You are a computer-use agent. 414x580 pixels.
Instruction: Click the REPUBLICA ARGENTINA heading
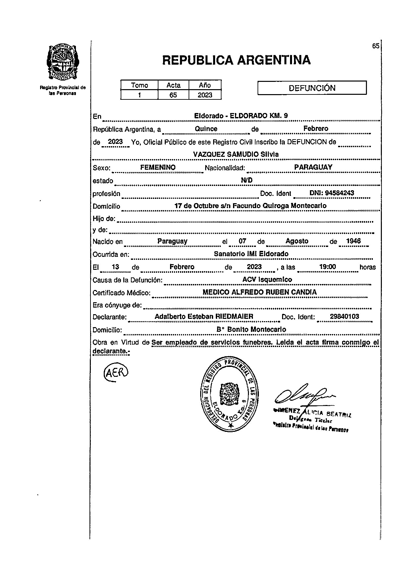(x=236, y=60)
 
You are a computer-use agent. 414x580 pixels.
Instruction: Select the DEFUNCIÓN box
(x=312, y=88)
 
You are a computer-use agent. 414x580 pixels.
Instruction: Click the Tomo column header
(x=140, y=85)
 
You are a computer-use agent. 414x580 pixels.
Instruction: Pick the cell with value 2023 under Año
(x=205, y=95)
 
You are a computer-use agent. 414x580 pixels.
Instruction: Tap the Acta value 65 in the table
(x=173, y=95)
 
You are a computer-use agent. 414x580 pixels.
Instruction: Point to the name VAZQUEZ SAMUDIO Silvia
(x=236, y=154)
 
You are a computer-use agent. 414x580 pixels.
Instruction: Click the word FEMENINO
(x=158, y=167)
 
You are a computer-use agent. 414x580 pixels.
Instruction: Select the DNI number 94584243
(x=332, y=193)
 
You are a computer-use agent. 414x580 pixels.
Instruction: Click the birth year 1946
(x=353, y=241)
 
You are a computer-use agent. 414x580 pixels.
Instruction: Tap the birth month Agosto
(x=297, y=241)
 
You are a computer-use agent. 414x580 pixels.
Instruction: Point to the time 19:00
(x=327, y=267)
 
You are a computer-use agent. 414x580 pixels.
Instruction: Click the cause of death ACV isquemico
(x=267, y=279)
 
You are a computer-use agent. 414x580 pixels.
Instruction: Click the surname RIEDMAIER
(x=234, y=317)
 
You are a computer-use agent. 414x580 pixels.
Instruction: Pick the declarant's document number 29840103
(x=344, y=317)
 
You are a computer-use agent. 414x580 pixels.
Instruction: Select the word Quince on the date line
(x=206, y=129)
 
